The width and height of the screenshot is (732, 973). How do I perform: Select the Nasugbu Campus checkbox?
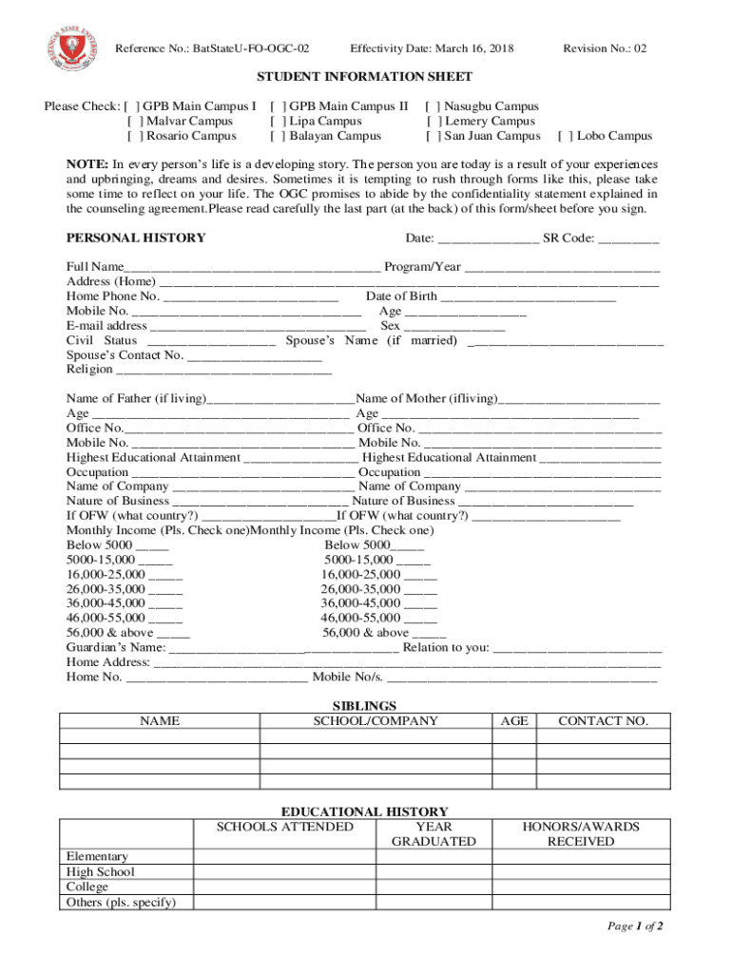coord(432,107)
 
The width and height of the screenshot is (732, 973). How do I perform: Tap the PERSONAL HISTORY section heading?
coord(136,238)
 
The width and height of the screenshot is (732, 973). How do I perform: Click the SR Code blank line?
coord(628,238)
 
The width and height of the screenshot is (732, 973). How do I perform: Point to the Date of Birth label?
coord(401,296)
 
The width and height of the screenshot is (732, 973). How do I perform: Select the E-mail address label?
coord(106,326)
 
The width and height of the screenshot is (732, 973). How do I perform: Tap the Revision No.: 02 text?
coord(605,48)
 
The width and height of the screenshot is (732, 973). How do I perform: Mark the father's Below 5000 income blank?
coord(153,545)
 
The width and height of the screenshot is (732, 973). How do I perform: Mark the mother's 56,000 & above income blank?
coord(430,633)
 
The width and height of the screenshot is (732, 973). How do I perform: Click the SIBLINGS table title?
coord(364,706)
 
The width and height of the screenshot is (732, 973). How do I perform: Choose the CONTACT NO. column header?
coord(603,721)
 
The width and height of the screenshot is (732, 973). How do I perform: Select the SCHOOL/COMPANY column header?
coord(376,721)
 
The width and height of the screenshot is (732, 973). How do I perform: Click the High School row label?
coord(100,872)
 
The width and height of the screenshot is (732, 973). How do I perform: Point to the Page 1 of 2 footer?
coord(634,926)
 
